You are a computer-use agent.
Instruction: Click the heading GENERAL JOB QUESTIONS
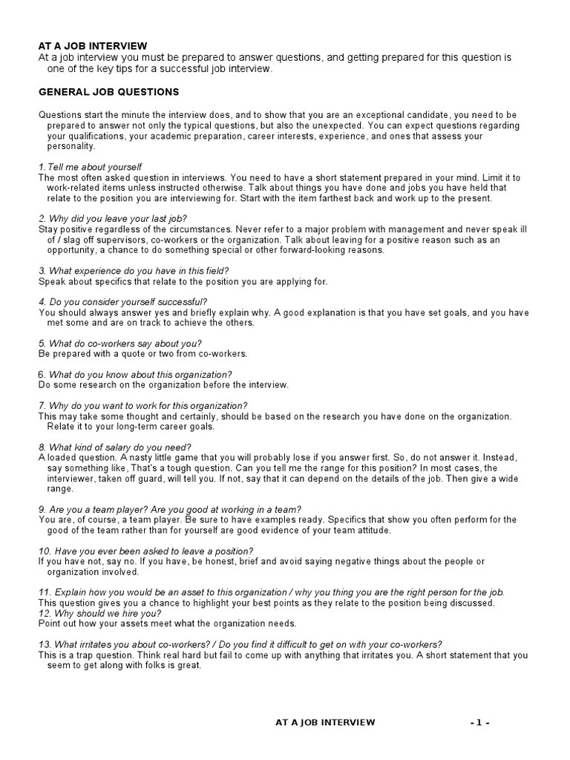pyautogui.click(x=108, y=92)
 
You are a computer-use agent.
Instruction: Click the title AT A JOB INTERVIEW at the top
pyautogui.click(x=93, y=46)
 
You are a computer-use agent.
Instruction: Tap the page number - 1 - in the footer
pyautogui.click(x=479, y=722)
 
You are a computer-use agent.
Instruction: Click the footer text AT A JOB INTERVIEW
pyautogui.click(x=325, y=722)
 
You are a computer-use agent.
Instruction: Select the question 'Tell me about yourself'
pyautogui.click(x=94, y=167)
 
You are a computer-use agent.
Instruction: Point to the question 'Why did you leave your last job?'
pyautogui.click(x=113, y=219)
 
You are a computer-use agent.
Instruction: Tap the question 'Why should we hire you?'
pyautogui.click(x=99, y=613)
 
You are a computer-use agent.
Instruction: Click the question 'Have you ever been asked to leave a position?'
pyautogui.click(x=145, y=551)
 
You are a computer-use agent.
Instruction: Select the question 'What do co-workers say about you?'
pyautogui.click(x=119, y=344)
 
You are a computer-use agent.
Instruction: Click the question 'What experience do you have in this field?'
pyautogui.click(x=134, y=271)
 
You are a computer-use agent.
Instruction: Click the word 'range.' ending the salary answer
pyautogui.click(x=60, y=489)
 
